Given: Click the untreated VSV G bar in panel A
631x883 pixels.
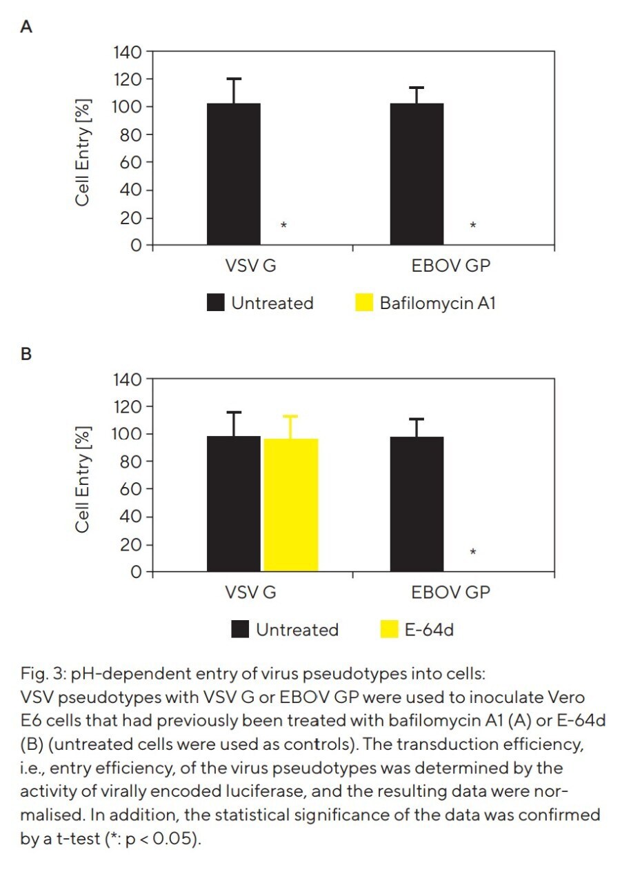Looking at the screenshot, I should tap(234, 174).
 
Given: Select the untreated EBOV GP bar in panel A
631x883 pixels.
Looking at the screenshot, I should tap(417, 174).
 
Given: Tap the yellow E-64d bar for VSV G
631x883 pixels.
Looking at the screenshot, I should tap(290, 505).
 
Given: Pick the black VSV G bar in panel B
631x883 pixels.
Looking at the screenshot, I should tap(234, 504).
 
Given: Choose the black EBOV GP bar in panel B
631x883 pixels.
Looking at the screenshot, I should tap(417, 504).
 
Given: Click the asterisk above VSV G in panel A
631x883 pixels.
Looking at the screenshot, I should tap(284, 226).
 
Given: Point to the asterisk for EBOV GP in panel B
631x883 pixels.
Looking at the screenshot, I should tap(472, 552).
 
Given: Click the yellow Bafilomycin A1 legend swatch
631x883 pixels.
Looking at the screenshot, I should tap(363, 303).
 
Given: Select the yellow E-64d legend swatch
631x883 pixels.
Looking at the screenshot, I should tap(389, 629).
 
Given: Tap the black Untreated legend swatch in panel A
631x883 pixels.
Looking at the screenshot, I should tap(215, 303).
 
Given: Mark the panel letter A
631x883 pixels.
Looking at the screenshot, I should tap(27, 28).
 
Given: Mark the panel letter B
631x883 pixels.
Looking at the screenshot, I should tap(27, 355).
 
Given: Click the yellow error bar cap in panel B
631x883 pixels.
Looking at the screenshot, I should tap(290, 416).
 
